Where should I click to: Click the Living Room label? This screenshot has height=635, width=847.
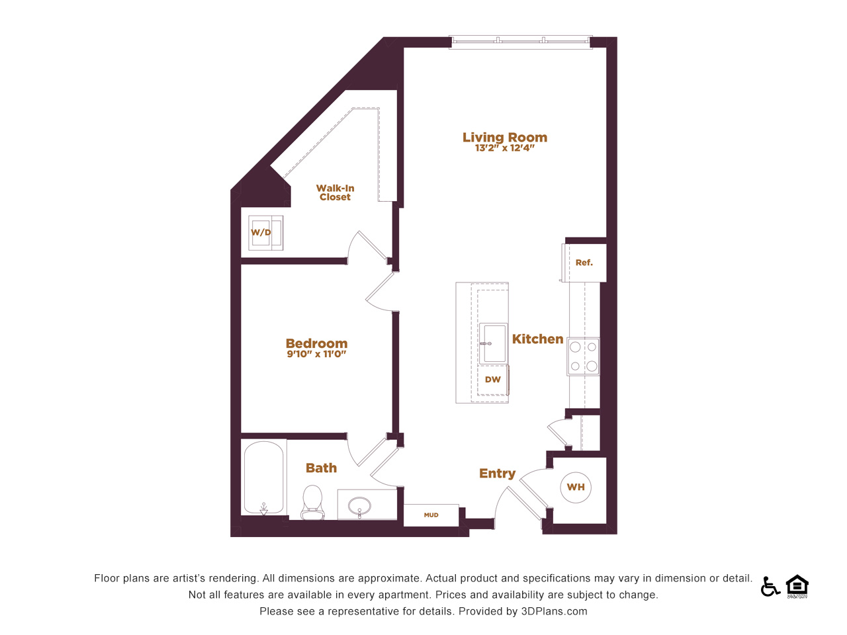505,138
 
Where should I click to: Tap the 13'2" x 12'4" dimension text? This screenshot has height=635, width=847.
505,148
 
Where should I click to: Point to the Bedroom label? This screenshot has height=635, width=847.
316,343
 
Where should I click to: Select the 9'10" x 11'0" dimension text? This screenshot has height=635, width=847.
316,354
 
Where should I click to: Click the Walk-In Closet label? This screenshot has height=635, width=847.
335,192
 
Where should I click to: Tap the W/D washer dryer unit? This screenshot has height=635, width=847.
265,233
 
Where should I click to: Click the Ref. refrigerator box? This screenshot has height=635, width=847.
584,263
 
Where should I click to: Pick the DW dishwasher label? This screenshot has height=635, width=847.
493,380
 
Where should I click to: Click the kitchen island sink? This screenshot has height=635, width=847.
493,343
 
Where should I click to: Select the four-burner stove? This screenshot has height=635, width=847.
583,357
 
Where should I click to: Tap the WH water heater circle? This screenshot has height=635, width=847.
576,487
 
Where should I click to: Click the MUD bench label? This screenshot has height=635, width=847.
431,515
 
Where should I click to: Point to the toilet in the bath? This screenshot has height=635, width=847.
312,502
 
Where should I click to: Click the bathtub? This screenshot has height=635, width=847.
264,478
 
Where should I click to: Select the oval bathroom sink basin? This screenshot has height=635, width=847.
359,505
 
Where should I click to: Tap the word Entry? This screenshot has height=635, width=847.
497,474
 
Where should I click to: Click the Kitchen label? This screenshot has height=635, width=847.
537,339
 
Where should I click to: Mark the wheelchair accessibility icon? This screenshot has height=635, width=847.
770,587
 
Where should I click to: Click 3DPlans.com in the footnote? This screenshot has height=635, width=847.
554,611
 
